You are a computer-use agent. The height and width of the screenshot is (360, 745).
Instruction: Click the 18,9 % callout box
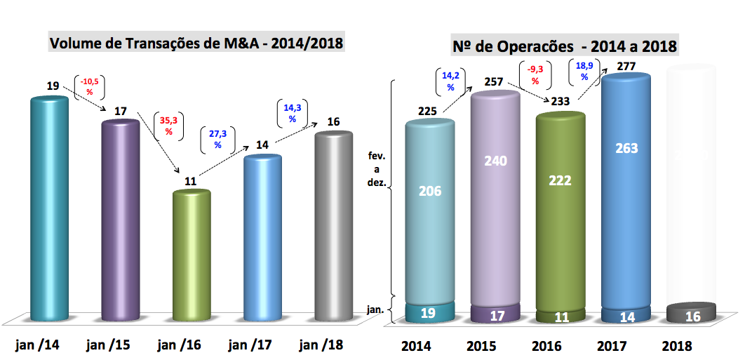(x=584, y=70)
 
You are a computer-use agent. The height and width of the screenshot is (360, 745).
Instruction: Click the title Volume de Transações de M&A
(x=196, y=44)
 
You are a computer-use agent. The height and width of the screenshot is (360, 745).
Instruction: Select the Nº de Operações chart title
(x=565, y=46)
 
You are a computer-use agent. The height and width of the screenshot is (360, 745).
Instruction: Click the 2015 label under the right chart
(x=483, y=346)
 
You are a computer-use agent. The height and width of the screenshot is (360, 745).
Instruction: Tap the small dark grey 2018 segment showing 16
(x=692, y=314)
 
